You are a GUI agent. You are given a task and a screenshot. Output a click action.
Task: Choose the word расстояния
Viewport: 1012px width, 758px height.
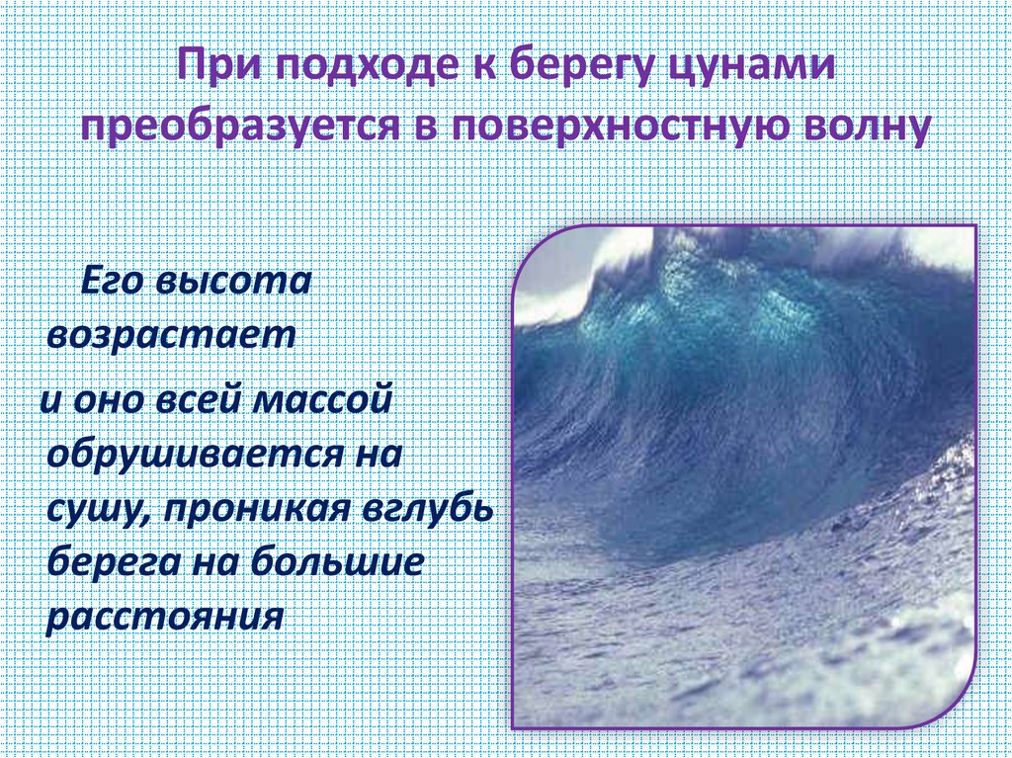[165, 617]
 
